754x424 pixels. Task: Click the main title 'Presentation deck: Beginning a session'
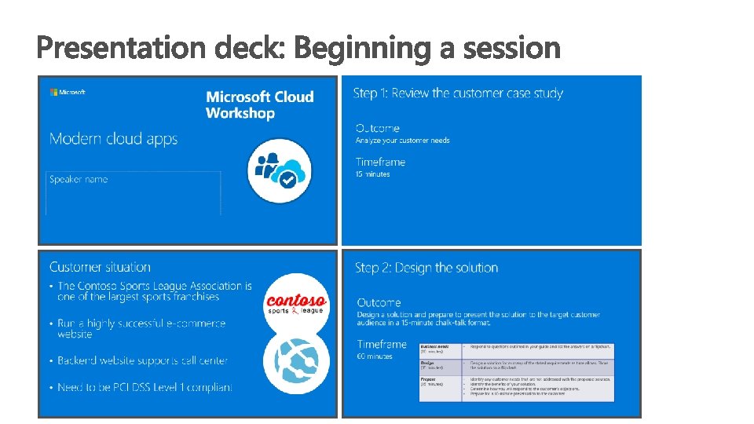coord(298,49)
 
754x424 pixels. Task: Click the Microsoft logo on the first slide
coord(68,92)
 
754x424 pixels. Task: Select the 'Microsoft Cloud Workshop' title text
coord(259,104)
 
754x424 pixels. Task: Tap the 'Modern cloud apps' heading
coord(114,139)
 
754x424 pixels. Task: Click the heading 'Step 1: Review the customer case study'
coord(458,93)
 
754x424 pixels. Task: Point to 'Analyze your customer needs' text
coord(402,141)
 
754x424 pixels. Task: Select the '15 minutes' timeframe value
coord(372,174)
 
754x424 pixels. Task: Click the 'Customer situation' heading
coord(100,267)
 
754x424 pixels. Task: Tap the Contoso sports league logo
coord(296,303)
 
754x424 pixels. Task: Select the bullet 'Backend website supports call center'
coord(142,360)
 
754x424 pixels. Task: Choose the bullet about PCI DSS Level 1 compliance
coord(145,387)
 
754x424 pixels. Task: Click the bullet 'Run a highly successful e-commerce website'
coord(141,328)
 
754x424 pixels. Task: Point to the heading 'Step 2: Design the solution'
coord(426,268)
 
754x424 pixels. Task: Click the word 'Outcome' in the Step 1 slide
coord(377,128)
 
